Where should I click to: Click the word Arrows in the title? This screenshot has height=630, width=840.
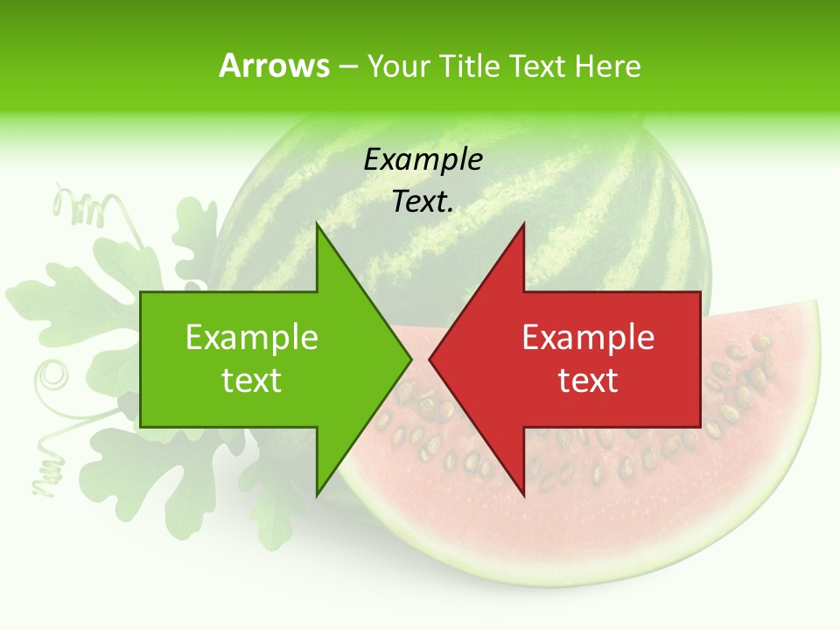[x=274, y=66]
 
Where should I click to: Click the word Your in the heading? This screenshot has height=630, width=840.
[x=398, y=66]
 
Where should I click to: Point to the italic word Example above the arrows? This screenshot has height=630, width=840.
[x=423, y=159]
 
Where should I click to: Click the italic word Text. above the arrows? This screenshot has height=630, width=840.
[x=423, y=201]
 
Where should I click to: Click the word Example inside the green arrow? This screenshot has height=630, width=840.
[x=252, y=338]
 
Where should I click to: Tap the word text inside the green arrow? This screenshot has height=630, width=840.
[x=252, y=381]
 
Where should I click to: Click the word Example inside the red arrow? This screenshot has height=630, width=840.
[x=588, y=338]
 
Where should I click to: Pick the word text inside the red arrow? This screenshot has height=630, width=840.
[x=588, y=381]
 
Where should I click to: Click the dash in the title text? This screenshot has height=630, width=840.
[x=347, y=67]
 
